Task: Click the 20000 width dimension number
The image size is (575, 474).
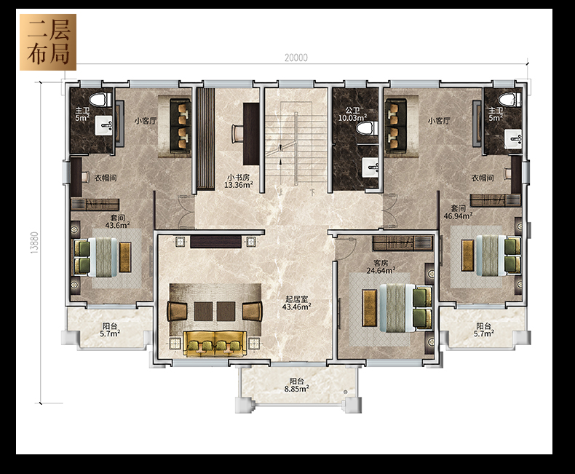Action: pos(296,58)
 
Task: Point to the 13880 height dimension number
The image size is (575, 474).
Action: pos(34,242)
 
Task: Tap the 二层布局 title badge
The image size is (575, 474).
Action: pos(48,42)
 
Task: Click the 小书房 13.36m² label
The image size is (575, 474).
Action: pos(238,181)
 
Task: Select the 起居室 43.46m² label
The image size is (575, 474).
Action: pos(297,303)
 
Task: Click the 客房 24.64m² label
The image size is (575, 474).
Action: pos(381,266)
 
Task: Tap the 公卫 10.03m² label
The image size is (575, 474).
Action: pos(352,114)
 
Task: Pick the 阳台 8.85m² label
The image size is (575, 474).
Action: pos(296,385)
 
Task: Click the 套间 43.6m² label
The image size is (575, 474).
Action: pos(117,221)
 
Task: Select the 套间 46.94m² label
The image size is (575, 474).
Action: pos(458,212)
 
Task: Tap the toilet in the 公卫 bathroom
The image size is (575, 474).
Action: pos(367,128)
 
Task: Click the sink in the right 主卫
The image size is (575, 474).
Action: pos(512,139)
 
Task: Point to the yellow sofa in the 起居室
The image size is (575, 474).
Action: pos(215,343)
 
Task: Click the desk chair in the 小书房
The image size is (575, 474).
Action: pos(237,133)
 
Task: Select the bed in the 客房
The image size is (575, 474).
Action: pos(406,307)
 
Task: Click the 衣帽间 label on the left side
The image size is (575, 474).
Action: pos(106,178)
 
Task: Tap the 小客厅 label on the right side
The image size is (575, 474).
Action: pos(439,121)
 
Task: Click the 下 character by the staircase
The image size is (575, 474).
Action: pos(312,192)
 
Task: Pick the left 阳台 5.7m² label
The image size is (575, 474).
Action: pos(110,330)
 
